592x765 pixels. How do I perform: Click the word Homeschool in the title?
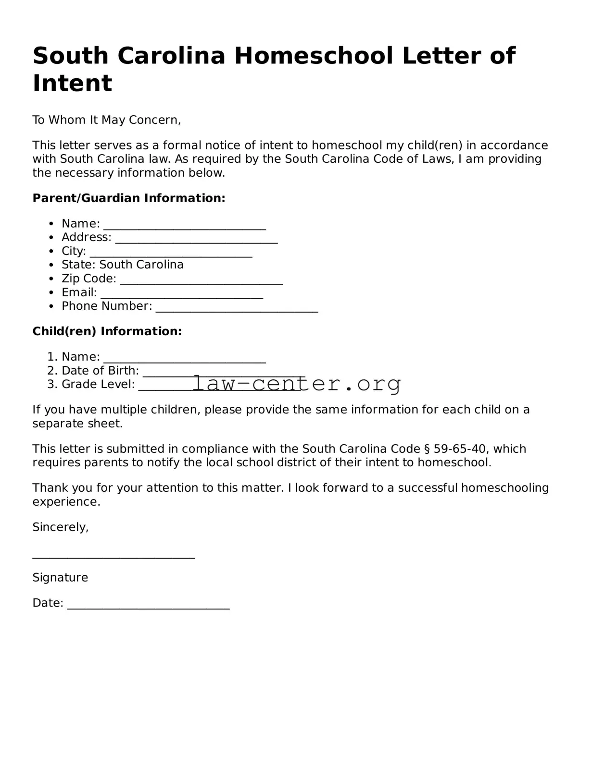(x=314, y=56)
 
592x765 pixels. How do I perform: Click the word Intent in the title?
(x=72, y=83)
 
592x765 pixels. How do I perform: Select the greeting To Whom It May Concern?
(x=106, y=120)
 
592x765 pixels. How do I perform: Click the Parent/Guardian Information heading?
(x=128, y=198)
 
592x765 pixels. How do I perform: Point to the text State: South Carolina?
(x=122, y=265)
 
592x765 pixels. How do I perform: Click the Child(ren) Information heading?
(x=107, y=331)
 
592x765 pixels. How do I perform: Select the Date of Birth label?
(x=100, y=371)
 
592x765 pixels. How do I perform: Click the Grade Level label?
(x=98, y=384)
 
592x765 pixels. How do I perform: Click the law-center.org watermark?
(x=297, y=384)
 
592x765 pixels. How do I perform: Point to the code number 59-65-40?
(x=459, y=449)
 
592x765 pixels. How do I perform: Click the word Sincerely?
(x=60, y=527)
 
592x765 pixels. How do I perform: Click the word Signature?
(x=60, y=578)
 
